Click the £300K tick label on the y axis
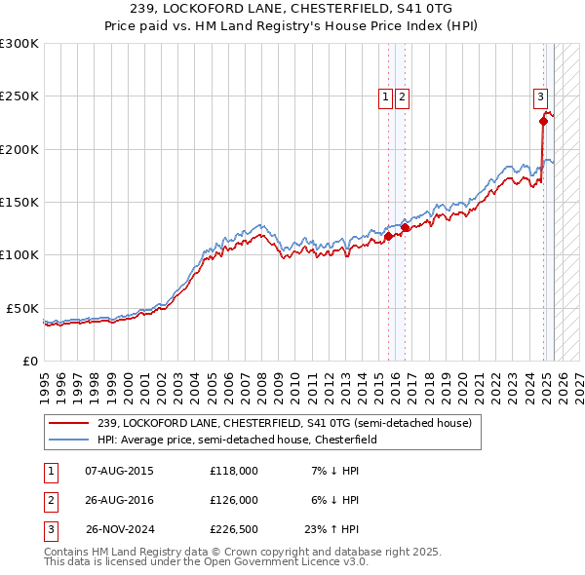click(19, 44)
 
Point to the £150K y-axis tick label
click(19, 203)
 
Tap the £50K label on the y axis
click(22, 308)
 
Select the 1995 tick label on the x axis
click(44, 379)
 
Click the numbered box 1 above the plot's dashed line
click(386, 96)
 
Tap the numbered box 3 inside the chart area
click(540, 96)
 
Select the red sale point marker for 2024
click(543, 122)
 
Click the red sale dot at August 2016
click(405, 228)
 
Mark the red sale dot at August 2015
click(388, 236)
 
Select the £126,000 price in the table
click(234, 500)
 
